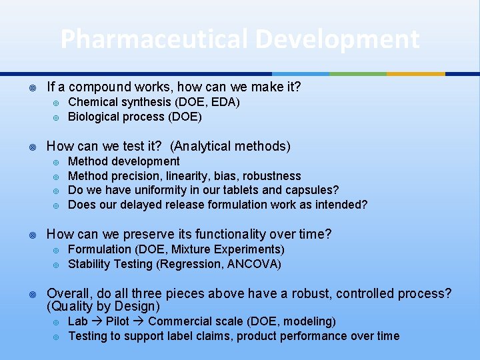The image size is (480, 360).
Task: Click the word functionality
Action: click(230, 234)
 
